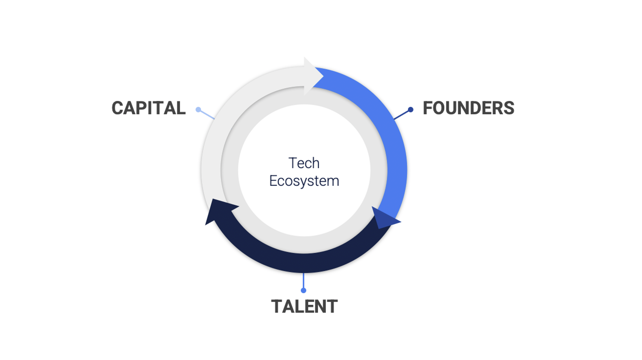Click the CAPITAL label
tap(149, 108)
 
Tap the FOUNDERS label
tap(468, 108)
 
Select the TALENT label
tap(304, 306)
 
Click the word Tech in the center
tap(304, 163)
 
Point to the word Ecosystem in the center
tap(304, 181)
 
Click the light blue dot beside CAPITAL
tap(198, 109)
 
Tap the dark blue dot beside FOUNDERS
tap(411, 109)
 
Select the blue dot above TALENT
tap(304, 291)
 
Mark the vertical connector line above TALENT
tap(304, 280)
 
